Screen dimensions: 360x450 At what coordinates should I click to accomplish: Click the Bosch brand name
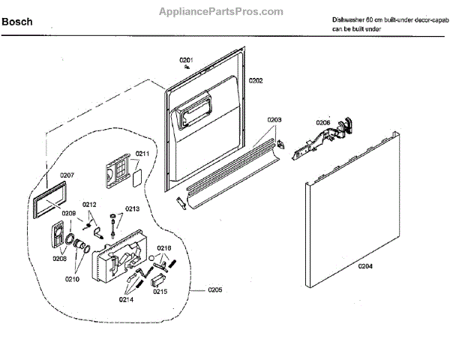16,22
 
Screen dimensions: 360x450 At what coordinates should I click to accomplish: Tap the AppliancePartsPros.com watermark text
221,12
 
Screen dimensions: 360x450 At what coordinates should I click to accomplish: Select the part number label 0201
185,60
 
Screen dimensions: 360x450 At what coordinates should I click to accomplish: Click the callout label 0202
256,80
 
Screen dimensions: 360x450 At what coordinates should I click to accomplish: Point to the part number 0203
274,120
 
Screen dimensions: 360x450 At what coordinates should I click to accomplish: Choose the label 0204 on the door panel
365,265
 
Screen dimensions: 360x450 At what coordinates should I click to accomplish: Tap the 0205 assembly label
214,289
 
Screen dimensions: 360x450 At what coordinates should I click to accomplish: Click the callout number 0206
322,122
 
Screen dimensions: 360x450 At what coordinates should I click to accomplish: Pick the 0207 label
67,175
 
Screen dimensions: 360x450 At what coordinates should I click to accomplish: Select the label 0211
142,154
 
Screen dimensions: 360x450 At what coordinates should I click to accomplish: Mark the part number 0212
89,205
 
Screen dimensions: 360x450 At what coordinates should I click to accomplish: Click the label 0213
132,209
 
